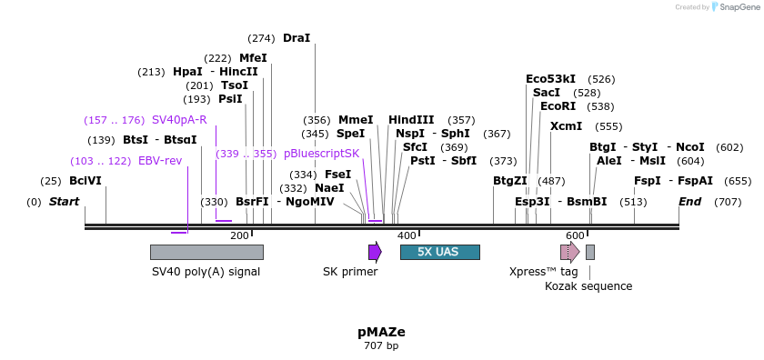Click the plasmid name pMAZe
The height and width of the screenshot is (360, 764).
point(381,332)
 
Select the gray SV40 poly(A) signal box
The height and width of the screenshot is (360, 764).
point(206,252)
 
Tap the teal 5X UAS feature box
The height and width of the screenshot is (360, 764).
point(439,252)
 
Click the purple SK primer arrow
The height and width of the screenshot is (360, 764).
point(375,252)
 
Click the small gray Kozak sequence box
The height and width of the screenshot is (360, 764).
point(590,252)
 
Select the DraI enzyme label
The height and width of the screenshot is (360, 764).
point(297,38)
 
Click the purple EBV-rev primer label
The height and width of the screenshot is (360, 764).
point(160,161)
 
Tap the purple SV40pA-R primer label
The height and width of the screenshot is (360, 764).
point(179,120)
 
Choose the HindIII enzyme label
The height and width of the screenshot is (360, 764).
point(411,120)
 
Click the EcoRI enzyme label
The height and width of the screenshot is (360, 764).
point(558,106)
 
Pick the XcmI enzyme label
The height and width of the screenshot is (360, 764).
point(567,127)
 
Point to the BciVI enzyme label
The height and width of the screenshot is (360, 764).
point(85,182)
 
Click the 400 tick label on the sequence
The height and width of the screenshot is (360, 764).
point(407,235)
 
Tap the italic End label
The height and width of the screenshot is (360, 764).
point(689,202)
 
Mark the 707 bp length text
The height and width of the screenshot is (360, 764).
point(381,345)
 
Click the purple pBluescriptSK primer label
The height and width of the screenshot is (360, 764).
point(322,155)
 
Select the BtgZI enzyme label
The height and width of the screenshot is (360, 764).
point(509,182)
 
